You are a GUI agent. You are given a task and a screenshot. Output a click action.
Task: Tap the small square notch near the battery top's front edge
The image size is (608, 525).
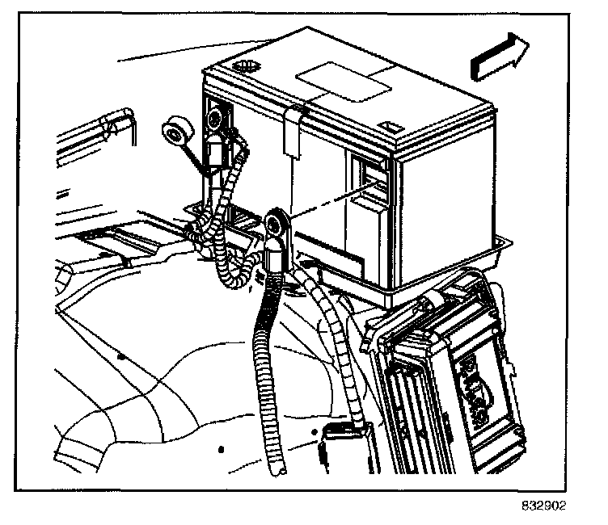click(391, 127)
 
